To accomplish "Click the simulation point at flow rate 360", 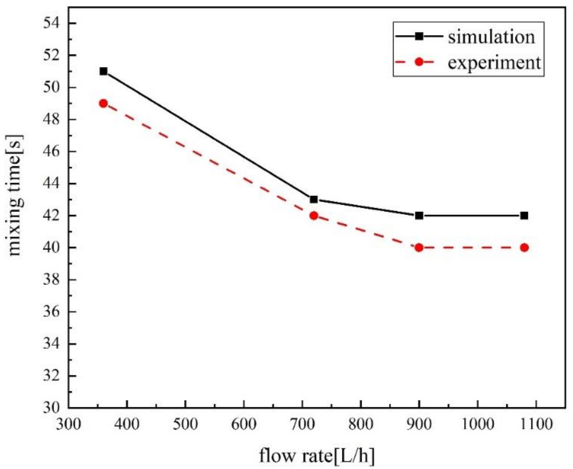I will click(103, 71).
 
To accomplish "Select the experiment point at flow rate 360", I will click(103, 104).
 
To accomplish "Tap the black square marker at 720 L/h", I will click(314, 199).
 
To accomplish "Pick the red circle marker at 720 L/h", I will click(314, 216).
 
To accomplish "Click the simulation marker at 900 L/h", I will click(419, 216).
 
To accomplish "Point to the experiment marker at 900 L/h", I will click(419, 248).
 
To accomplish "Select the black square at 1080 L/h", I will click(524, 216).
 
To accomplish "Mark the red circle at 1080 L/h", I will click(524, 248).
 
